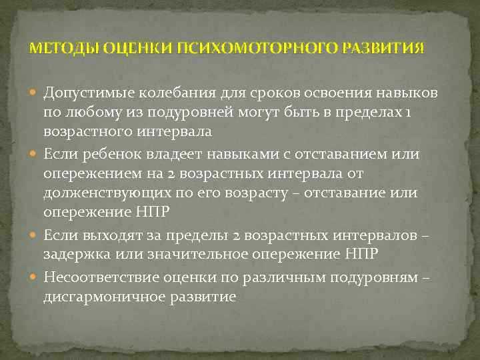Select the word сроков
point(259,92)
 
